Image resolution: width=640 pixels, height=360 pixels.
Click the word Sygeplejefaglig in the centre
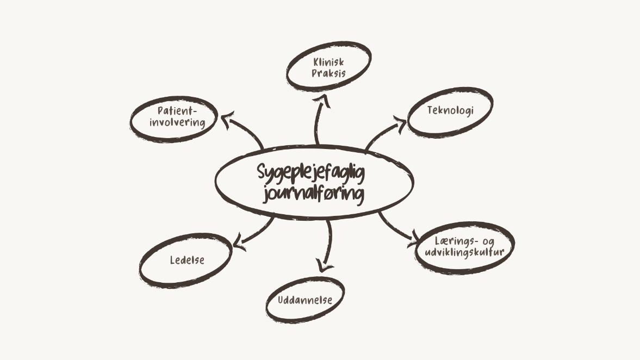[310, 173]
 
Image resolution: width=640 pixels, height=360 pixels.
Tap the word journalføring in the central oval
[313, 193]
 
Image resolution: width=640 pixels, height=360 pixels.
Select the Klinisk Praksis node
[328, 67]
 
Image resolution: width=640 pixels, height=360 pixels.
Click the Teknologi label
[450, 110]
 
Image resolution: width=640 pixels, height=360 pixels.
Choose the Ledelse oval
[187, 260]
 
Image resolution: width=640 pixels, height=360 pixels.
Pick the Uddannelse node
[305, 300]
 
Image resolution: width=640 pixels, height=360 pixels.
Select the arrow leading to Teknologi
[384, 133]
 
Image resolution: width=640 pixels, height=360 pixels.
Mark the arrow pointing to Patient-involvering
[243, 131]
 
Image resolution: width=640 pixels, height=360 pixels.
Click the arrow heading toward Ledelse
[256, 231]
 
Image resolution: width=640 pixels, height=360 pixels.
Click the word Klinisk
[328, 62]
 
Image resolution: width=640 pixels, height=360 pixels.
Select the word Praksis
[328, 73]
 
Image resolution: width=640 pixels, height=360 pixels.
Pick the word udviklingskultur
[464, 252]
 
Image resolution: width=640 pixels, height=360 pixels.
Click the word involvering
[177, 122]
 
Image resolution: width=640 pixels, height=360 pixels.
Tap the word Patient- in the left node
[177, 111]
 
